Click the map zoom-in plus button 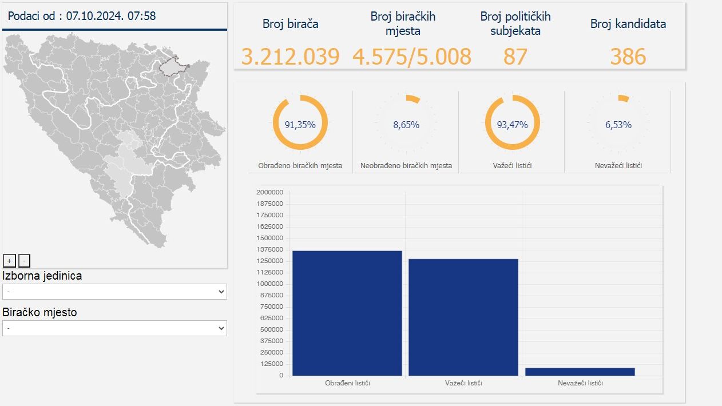click(x=9, y=261)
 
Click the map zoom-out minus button click(x=24, y=261)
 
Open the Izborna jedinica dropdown click(x=114, y=292)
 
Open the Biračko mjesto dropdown click(x=114, y=328)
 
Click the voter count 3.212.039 click(x=290, y=57)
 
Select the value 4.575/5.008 click(x=411, y=57)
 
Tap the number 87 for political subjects click(x=515, y=57)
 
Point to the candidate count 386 click(x=628, y=57)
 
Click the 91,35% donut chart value click(x=300, y=125)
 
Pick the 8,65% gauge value click(x=406, y=125)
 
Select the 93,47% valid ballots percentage click(x=512, y=125)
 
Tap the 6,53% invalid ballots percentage click(x=618, y=125)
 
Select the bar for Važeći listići click(x=463, y=317)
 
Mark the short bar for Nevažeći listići click(x=580, y=372)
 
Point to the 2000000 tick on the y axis click(x=269, y=192)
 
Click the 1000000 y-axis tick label click(x=269, y=284)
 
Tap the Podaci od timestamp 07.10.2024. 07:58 click(x=111, y=16)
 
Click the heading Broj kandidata click(x=628, y=24)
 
